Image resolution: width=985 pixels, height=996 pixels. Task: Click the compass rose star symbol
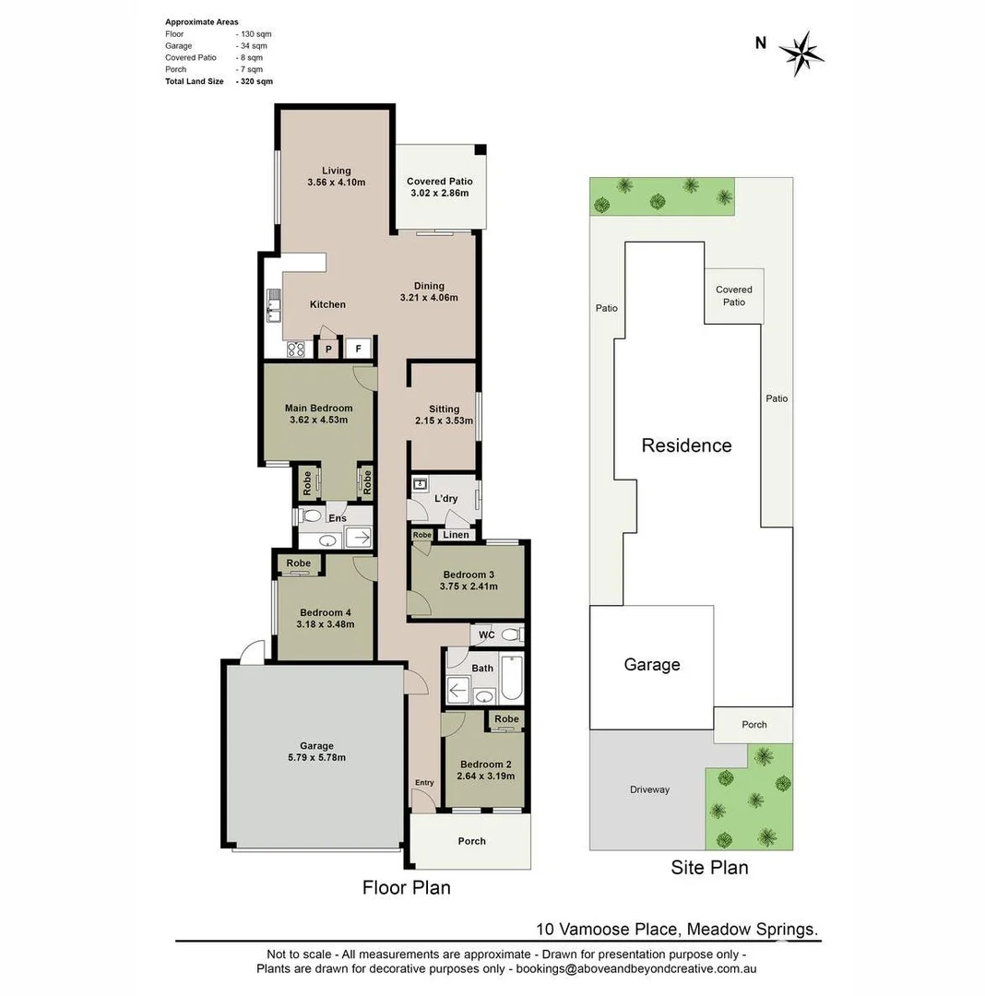click(800, 53)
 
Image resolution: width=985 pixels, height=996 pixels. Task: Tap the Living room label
click(336, 170)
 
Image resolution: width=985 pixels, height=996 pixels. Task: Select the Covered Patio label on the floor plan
click(439, 182)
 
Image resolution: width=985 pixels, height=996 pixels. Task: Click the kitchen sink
click(273, 305)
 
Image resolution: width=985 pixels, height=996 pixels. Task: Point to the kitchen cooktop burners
click(296, 349)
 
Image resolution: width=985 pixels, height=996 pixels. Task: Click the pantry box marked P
click(327, 350)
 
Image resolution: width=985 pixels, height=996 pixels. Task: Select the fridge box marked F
click(359, 350)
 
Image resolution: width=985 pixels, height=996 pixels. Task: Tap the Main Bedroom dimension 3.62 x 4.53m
click(317, 421)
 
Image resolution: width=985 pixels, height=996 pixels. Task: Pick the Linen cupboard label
click(456, 535)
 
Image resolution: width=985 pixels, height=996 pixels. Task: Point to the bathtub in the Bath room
click(512, 678)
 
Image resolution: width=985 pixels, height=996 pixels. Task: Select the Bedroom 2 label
click(485, 764)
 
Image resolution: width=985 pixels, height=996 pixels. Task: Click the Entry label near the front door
click(423, 783)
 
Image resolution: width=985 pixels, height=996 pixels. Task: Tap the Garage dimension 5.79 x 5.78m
click(315, 758)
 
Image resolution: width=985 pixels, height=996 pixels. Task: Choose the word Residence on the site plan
click(686, 445)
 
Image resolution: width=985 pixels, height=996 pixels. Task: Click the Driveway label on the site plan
click(649, 789)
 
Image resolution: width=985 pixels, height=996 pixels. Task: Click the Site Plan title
click(709, 867)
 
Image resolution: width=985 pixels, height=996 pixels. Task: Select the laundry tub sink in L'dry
click(421, 483)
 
